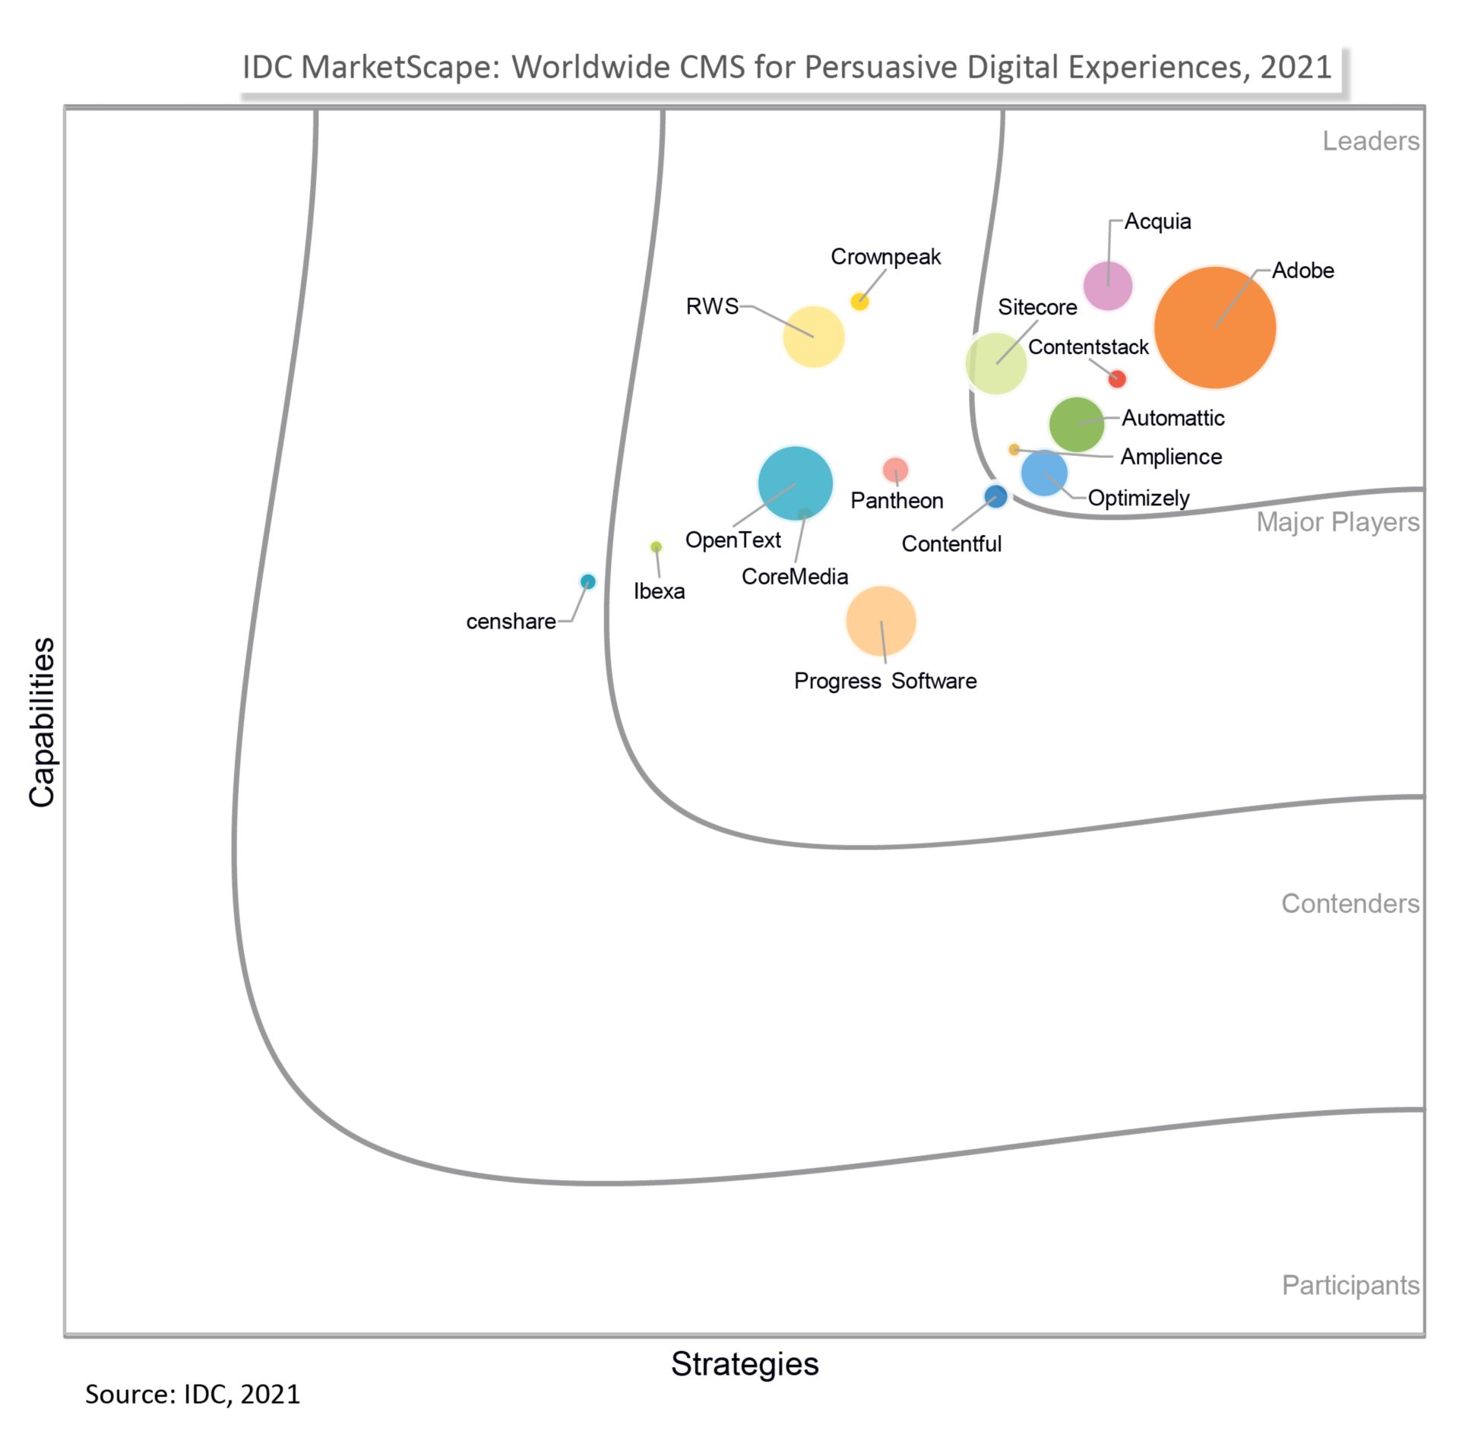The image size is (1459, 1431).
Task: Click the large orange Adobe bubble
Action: point(1214,328)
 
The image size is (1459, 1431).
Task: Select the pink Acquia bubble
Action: point(1107,286)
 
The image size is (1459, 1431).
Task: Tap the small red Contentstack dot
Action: point(1116,378)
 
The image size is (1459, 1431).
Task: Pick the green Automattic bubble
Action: point(1076,424)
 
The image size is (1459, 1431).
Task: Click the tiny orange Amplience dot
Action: point(1014,450)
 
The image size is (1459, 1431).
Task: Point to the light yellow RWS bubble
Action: point(813,337)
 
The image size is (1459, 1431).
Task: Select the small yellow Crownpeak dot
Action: point(859,302)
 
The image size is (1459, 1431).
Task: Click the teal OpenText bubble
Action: point(795,483)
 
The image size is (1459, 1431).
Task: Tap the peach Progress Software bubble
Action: point(881,621)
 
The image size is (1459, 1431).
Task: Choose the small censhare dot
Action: point(587,581)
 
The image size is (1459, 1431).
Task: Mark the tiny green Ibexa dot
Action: point(656,547)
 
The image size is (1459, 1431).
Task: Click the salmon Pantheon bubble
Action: point(895,470)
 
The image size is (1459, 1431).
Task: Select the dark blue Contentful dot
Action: point(995,497)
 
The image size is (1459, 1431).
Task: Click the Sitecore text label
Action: point(1036,308)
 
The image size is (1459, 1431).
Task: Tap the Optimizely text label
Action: point(1138,499)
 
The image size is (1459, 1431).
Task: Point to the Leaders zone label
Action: point(1370,141)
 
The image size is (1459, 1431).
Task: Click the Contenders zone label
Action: point(1350,904)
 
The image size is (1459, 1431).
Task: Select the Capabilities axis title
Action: point(43,722)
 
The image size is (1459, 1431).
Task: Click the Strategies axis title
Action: point(744,1363)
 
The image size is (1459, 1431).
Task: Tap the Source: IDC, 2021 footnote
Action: point(192,1395)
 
